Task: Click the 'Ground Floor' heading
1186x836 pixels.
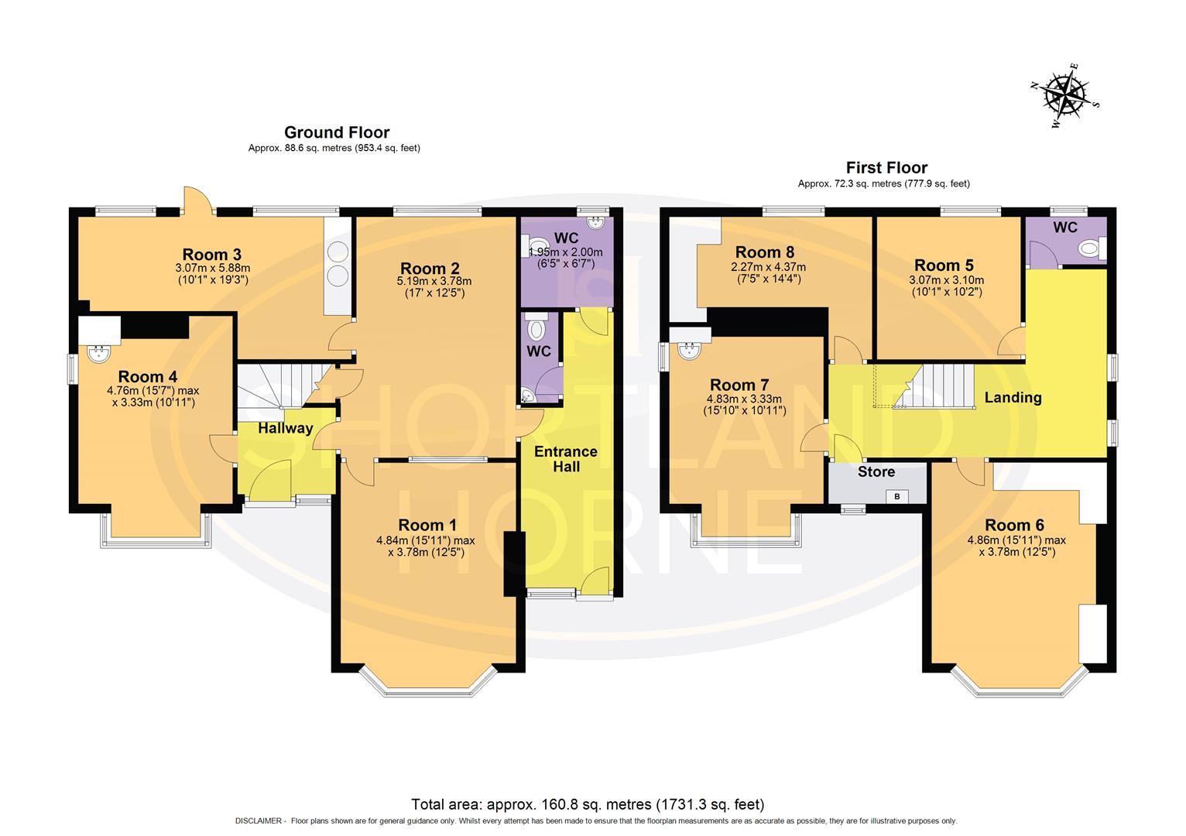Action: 337,132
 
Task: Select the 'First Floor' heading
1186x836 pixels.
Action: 886,167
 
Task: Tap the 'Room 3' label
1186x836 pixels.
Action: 211,254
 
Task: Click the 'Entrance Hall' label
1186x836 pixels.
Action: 566,459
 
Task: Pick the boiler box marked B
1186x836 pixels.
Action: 897,496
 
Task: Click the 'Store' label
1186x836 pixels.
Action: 876,471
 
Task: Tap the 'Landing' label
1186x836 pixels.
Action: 1013,398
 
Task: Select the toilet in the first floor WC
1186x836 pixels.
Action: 1092,248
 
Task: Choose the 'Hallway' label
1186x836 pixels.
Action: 285,428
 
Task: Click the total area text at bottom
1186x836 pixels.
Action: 588,803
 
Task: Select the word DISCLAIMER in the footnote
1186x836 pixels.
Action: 259,821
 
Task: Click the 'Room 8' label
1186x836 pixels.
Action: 764,252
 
